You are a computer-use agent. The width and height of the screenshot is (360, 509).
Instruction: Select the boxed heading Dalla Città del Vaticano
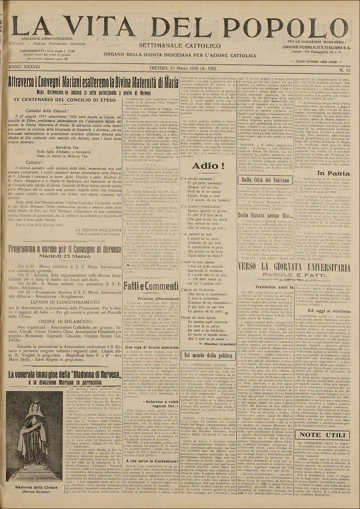(263, 180)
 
